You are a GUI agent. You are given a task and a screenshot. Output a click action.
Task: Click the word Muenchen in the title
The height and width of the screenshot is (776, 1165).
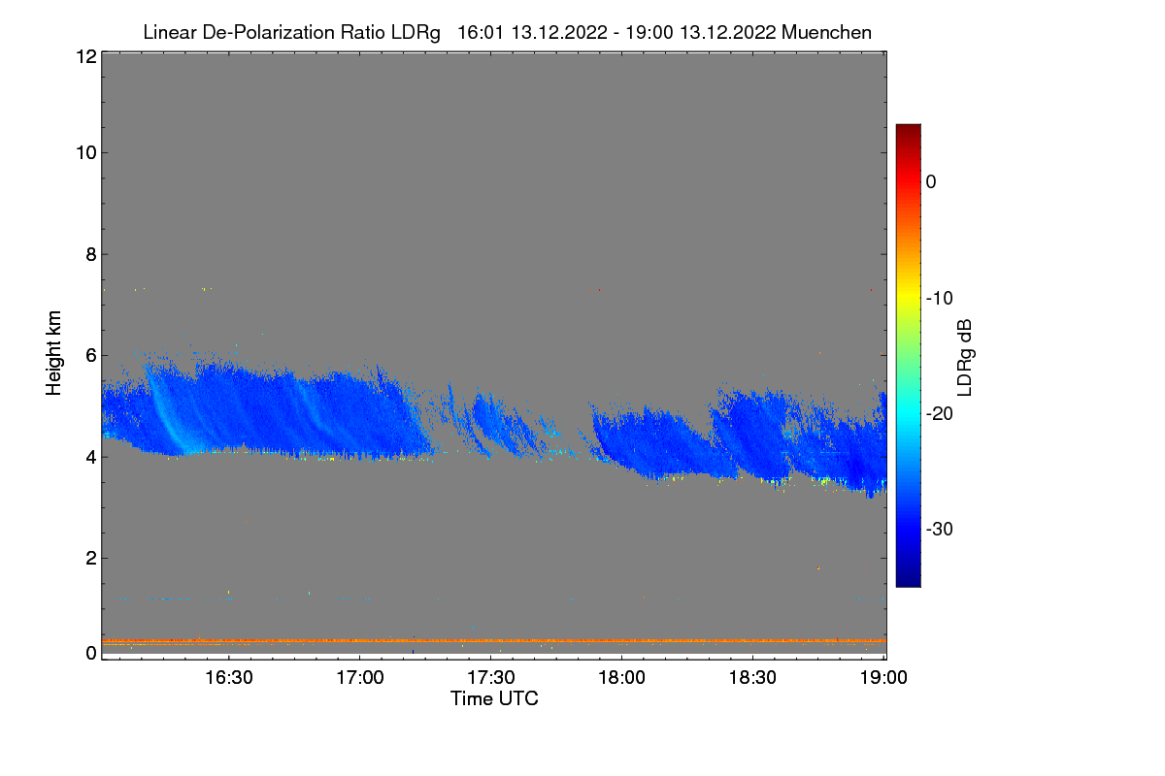pos(826,32)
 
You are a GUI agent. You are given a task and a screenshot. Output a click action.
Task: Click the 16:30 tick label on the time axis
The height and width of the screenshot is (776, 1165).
pos(228,677)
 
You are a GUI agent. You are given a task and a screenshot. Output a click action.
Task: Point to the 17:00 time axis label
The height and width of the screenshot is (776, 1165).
pos(359,677)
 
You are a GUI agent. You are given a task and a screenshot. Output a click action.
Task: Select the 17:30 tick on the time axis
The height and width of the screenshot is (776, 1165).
pos(490,677)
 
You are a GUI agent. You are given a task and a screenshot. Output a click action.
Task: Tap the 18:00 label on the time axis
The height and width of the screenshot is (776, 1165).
pos(621,677)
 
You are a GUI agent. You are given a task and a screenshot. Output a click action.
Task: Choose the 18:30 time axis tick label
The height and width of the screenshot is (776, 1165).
pos(752,677)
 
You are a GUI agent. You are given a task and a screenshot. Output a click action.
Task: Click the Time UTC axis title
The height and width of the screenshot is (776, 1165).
pos(494,698)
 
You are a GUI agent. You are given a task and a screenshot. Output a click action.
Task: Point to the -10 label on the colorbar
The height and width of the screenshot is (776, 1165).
pos(938,298)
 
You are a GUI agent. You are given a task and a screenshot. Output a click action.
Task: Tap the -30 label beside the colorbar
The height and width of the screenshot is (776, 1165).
pos(938,530)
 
